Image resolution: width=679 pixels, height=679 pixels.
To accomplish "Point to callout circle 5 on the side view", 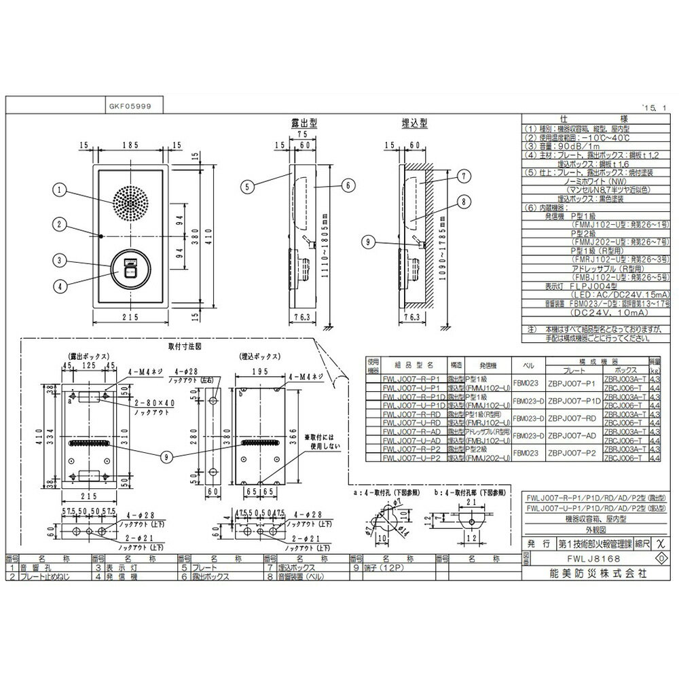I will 249,183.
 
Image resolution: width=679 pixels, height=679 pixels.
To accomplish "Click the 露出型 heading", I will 304,124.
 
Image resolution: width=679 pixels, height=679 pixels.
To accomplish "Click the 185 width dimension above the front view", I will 132,145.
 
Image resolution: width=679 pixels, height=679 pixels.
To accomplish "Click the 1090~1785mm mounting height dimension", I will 445,242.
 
